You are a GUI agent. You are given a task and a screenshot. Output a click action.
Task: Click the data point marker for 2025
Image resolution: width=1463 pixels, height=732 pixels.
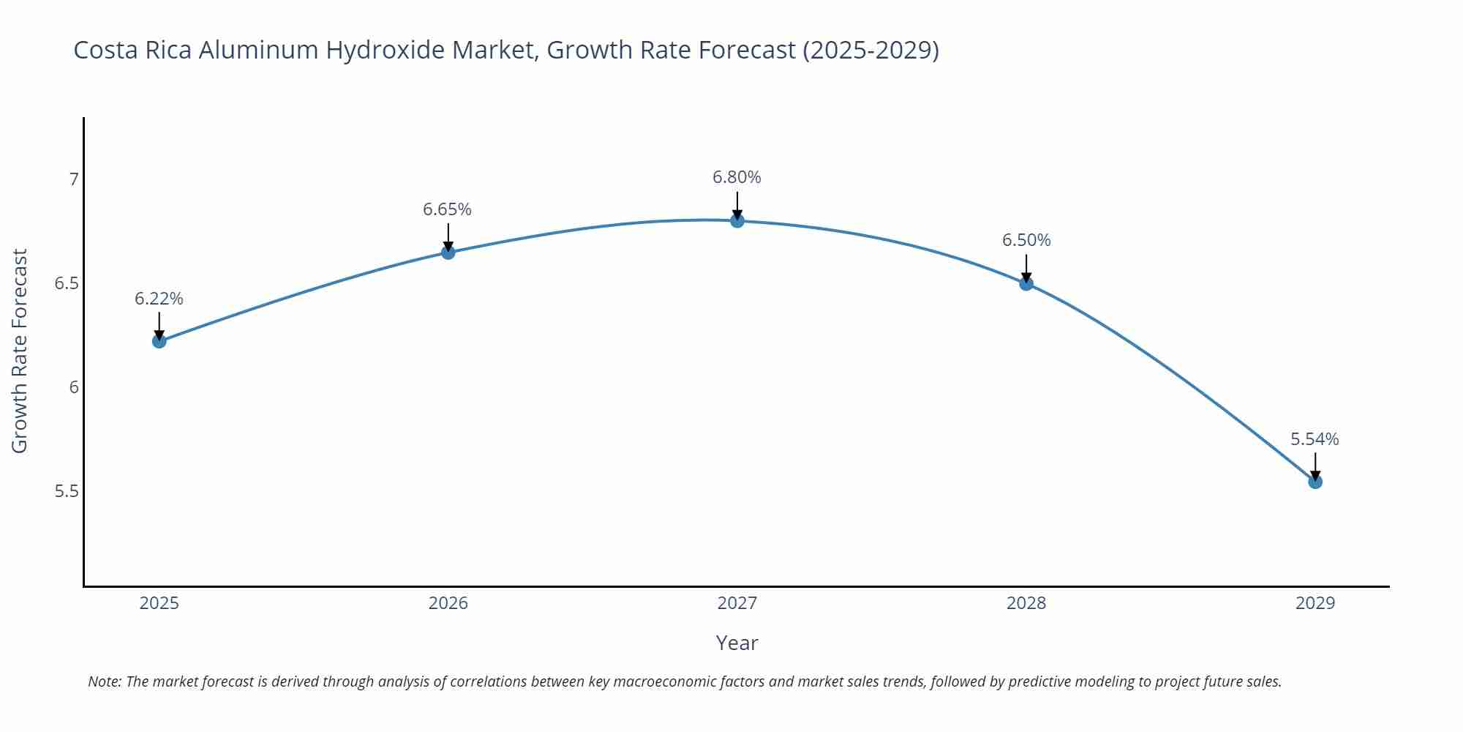click(159, 341)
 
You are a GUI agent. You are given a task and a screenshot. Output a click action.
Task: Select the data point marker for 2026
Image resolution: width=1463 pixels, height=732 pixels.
click(448, 253)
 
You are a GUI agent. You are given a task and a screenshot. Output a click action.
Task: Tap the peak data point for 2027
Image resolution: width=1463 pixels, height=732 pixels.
click(737, 220)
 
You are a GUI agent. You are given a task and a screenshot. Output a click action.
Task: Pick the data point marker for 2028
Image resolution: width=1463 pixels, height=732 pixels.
click(1026, 283)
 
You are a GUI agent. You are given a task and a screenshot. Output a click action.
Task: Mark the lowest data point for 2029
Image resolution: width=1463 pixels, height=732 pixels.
click(1315, 482)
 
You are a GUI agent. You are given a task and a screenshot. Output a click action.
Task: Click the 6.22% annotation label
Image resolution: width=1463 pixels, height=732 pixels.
click(159, 299)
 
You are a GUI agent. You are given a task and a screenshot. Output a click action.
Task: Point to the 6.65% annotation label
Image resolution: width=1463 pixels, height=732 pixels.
click(447, 209)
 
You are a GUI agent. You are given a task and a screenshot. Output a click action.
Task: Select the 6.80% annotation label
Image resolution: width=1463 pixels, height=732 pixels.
click(737, 177)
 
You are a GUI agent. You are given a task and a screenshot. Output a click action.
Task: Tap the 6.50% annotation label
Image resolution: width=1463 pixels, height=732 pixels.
click(1026, 240)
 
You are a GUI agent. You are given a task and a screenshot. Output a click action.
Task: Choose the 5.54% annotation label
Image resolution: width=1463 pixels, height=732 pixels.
click(1315, 439)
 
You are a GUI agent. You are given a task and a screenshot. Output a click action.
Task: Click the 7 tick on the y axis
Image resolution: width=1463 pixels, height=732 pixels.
click(73, 179)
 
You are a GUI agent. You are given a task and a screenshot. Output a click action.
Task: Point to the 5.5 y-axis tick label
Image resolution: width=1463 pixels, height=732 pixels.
click(67, 491)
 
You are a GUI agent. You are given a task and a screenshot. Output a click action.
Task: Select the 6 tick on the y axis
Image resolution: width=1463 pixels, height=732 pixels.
click(73, 387)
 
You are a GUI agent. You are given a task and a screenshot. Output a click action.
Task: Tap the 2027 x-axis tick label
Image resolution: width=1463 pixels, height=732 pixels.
click(737, 603)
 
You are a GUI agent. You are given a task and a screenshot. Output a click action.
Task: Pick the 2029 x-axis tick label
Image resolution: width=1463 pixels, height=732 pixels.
click(1315, 603)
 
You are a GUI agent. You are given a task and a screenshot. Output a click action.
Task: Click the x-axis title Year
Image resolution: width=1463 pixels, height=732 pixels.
click(737, 643)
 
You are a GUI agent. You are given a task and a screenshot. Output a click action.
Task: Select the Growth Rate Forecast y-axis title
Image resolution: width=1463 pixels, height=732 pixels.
click(20, 351)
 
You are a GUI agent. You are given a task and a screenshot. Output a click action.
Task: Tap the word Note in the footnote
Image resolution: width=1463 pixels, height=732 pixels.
click(104, 681)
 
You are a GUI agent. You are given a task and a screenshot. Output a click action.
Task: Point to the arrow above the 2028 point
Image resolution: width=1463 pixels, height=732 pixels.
click(1026, 268)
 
